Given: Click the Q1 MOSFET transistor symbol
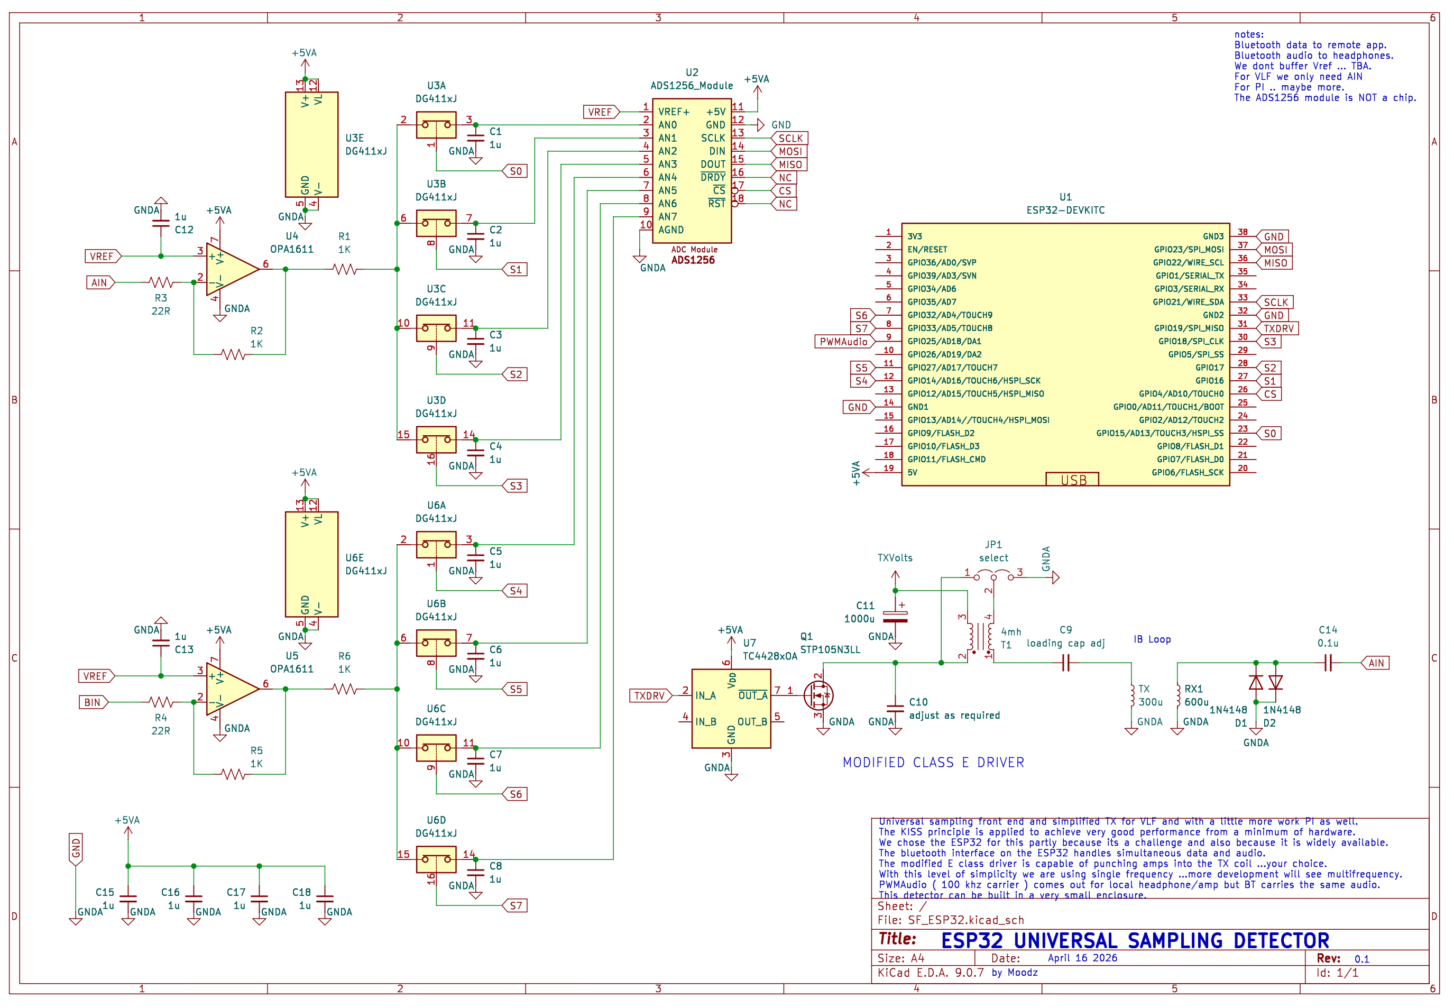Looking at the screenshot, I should coord(820,695).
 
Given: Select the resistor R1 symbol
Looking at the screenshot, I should coord(345,270).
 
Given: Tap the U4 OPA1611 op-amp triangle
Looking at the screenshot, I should coord(230,270).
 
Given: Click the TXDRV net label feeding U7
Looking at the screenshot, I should coord(650,696).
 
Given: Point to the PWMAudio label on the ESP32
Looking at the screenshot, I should coord(843,342).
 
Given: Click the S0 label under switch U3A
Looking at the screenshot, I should coord(515,171).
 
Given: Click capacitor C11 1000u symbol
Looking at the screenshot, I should coord(895,617).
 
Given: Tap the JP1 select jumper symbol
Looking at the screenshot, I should coord(993,576).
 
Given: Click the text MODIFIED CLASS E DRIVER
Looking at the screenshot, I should coord(933,763).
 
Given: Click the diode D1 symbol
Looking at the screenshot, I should coord(1256,683).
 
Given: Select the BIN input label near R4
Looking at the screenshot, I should coord(92,702).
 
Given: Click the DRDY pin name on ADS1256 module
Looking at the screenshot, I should coord(713,178).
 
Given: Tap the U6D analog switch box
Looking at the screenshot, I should coord(436,859).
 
